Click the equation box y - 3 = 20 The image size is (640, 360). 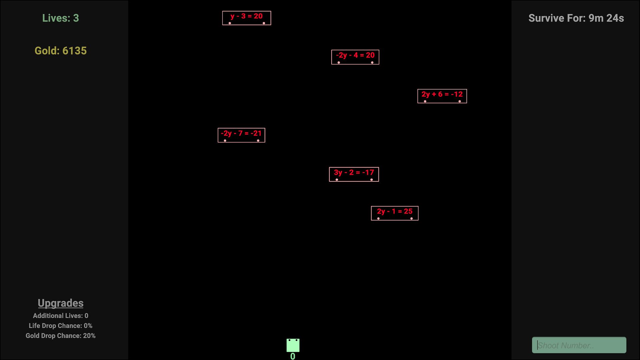point(247,18)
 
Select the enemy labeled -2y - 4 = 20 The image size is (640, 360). point(355,57)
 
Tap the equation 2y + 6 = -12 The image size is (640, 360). point(442,96)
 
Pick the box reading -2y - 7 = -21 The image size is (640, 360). point(241,135)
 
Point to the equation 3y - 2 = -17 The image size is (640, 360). point(354,174)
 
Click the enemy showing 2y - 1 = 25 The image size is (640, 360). point(395,213)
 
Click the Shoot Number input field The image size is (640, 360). point(579,345)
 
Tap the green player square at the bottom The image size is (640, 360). point(293,345)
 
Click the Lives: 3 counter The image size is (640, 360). point(61,18)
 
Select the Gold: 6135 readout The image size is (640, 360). point(61,51)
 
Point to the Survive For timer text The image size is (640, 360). point(576,18)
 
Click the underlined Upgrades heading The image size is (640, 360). point(61,303)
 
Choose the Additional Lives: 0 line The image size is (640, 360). point(61,316)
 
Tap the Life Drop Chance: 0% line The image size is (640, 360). point(61,326)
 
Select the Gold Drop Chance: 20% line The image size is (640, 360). point(61,336)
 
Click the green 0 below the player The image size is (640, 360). point(293,356)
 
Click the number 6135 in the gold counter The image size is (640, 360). point(74,51)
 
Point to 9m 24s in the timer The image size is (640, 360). point(606,18)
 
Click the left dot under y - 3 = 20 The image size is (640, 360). point(230,23)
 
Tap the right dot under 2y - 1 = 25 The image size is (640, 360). point(412,218)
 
